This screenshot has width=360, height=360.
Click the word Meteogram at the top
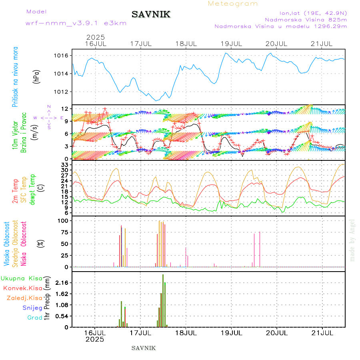pos(233,4)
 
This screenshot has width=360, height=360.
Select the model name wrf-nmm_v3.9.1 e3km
pos(76,23)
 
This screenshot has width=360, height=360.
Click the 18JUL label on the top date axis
pos(186,44)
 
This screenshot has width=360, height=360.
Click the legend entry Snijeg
pos(32,308)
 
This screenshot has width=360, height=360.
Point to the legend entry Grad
pos(35,318)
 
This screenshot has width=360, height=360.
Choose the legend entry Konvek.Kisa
pos(23,288)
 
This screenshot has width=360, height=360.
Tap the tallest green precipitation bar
pos(163,300)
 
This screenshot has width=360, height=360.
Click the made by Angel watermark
pos(352,240)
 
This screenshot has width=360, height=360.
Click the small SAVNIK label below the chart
pos(144,348)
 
